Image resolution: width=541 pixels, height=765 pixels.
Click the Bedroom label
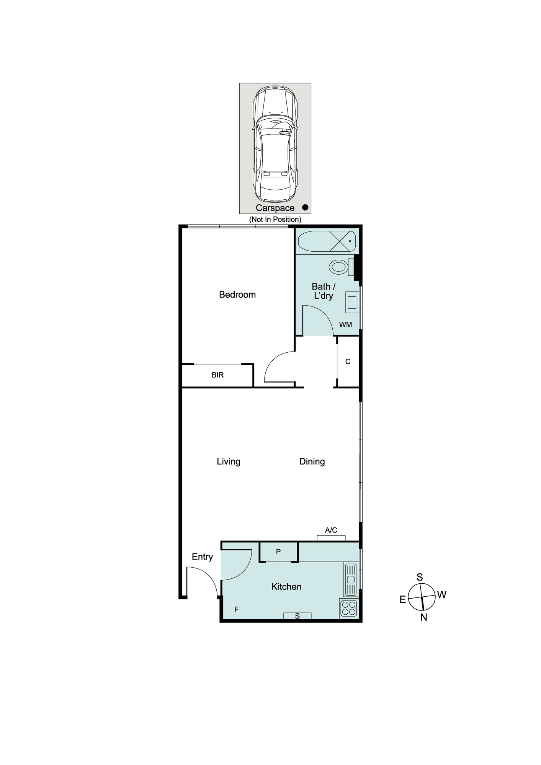pyautogui.click(x=237, y=295)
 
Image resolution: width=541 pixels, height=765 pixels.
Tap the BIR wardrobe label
pyautogui.click(x=217, y=375)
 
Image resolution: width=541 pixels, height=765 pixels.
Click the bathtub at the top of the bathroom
pyautogui.click(x=327, y=241)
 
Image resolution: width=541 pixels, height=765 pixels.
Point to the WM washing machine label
pyautogui.click(x=345, y=325)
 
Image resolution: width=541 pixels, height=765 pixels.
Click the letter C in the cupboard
pyautogui.click(x=348, y=361)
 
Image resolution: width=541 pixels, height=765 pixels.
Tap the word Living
pyautogui.click(x=229, y=462)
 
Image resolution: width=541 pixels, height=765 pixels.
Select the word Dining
pyautogui.click(x=312, y=462)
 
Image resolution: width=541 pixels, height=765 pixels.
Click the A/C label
pyautogui.click(x=331, y=530)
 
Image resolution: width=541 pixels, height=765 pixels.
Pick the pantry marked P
pyautogui.click(x=279, y=552)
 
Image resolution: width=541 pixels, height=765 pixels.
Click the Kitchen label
pyautogui.click(x=286, y=587)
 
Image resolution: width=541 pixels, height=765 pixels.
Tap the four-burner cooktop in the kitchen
pyautogui.click(x=349, y=608)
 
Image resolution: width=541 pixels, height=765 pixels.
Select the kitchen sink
pyautogui.click(x=351, y=580)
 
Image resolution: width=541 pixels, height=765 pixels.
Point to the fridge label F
pyautogui.click(x=236, y=609)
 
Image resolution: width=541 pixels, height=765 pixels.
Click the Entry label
pyautogui.click(x=202, y=557)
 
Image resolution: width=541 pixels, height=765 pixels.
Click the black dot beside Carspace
pyautogui.click(x=305, y=207)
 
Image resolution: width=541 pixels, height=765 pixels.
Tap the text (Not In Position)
pyautogui.click(x=275, y=220)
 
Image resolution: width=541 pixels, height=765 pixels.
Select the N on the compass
pyautogui.click(x=423, y=617)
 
